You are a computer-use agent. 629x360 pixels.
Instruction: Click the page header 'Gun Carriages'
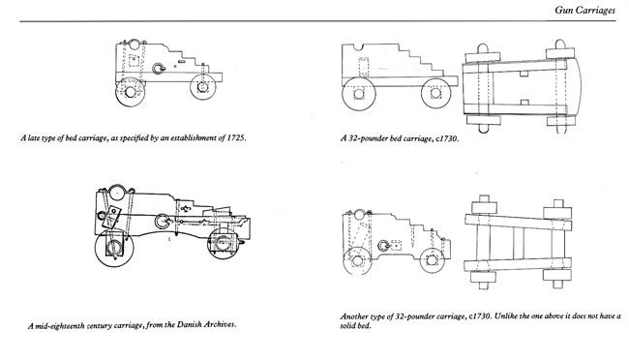pyautogui.click(x=584, y=10)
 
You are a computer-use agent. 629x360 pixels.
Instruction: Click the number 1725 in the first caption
pyautogui.click(x=235, y=137)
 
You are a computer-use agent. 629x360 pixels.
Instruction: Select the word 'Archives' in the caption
pyautogui.click(x=221, y=324)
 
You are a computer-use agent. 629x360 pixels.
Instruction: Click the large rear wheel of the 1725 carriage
pyautogui.click(x=131, y=92)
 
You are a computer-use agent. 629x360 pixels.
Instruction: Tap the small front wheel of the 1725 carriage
pyautogui.click(x=203, y=87)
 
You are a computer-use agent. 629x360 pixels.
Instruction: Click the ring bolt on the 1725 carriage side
pyautogui.click(x=159, y=69)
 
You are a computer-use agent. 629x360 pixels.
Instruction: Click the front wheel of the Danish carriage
pyautogui.click(x=223, y=242)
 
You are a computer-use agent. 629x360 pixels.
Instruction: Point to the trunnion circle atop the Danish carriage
pyautogui.click(x=117, y=193)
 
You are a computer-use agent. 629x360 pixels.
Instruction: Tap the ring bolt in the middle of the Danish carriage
pyautogui.click(x=163, y=222)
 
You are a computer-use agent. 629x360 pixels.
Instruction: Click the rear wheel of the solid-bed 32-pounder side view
pyautogui.click(x=359, y=94)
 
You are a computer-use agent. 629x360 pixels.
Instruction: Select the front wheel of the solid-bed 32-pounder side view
pyautogui.click(x=436, y=93)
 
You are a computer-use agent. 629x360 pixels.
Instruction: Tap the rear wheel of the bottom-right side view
pyautogui.click(x=357, y=261)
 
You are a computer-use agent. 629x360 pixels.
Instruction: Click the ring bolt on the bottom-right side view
pyautogui.click(x=384, y=245)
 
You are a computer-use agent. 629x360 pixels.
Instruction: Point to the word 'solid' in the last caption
pyautogui.click(x=349, y=326)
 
